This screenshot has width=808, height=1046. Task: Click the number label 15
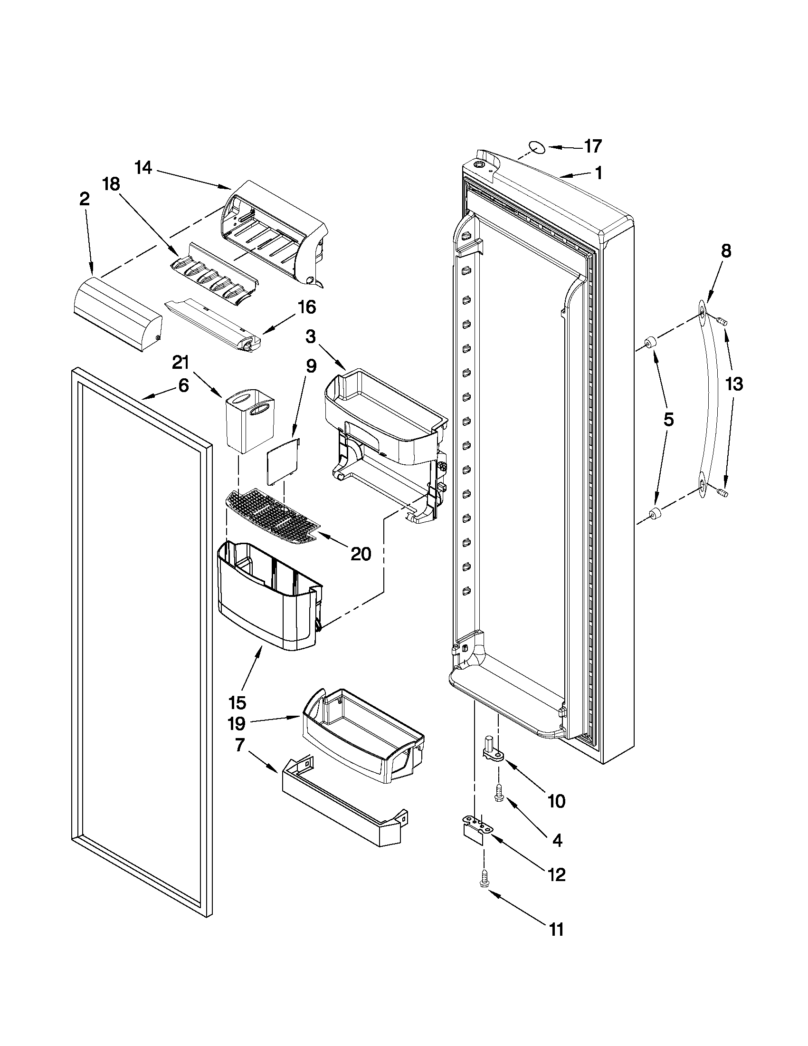pyautogui.click(x=238, y=702)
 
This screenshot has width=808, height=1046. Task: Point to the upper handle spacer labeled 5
pyautogui.click(x=650, y=343)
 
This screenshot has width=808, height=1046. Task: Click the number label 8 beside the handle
pyautogui.click(x=726, y=251)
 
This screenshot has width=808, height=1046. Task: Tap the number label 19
pyautogui.click(x=237, y=724)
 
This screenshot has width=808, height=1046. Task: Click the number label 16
pyautogui.click(x=307, y=307)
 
